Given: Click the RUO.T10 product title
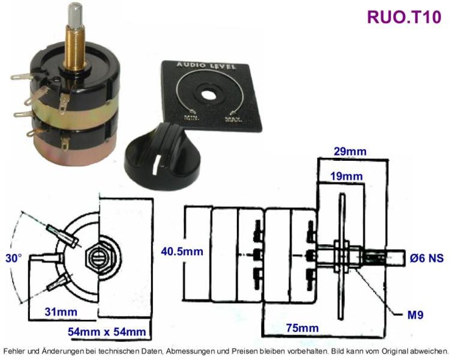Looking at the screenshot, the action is click(404, 17).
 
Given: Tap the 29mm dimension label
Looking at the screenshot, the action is click(350, 151).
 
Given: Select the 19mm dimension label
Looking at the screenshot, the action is click(346, 176).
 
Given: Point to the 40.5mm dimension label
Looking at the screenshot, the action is click(182, 251).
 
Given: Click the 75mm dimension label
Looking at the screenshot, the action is click(302, 328).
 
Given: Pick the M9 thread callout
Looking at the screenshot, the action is click(415, 315).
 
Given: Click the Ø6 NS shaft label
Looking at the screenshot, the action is click(427, 258).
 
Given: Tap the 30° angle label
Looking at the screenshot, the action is click(13, 258).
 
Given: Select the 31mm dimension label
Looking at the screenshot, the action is click(61, 312).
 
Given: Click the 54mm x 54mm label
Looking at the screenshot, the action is click(107, 332).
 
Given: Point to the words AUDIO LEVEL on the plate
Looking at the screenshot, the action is click(206, 65).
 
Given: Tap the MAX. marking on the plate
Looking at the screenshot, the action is click(233, 119).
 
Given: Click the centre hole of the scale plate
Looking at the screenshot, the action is click(206, 94).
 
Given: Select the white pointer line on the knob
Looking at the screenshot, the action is click(154, 166).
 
